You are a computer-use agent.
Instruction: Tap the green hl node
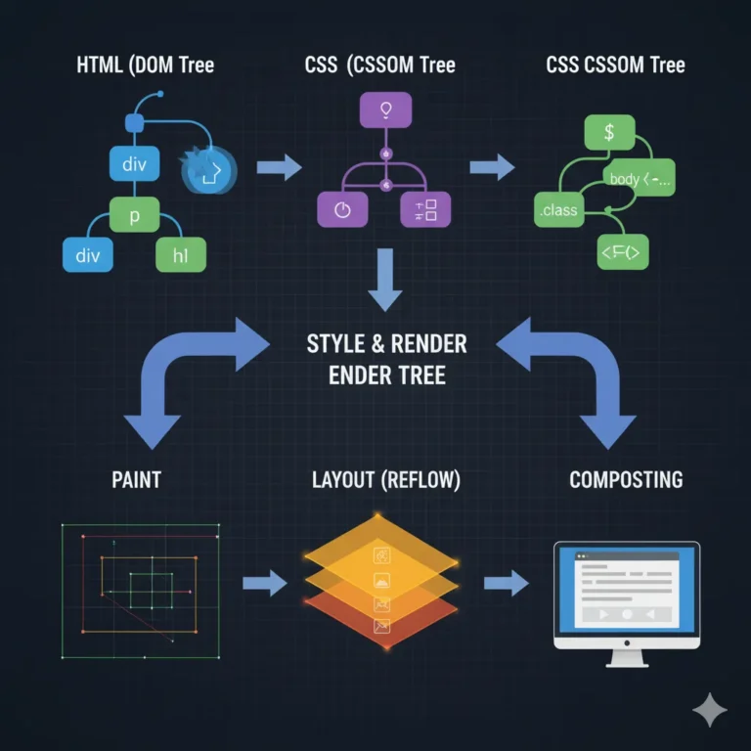point(181,255)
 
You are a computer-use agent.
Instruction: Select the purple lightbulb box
point(385,109)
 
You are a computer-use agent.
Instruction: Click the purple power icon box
point(342,209)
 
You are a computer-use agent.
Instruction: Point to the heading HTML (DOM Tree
point(145,66)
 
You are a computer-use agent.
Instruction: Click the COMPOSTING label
point(626,480)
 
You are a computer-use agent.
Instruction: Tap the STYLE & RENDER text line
point(387,344)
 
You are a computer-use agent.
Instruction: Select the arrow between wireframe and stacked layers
point(263,584)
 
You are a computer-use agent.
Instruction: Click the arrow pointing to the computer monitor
point(505,584)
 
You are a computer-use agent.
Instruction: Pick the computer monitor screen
point(626,588)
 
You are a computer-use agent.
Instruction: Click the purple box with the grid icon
point(425,209)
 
